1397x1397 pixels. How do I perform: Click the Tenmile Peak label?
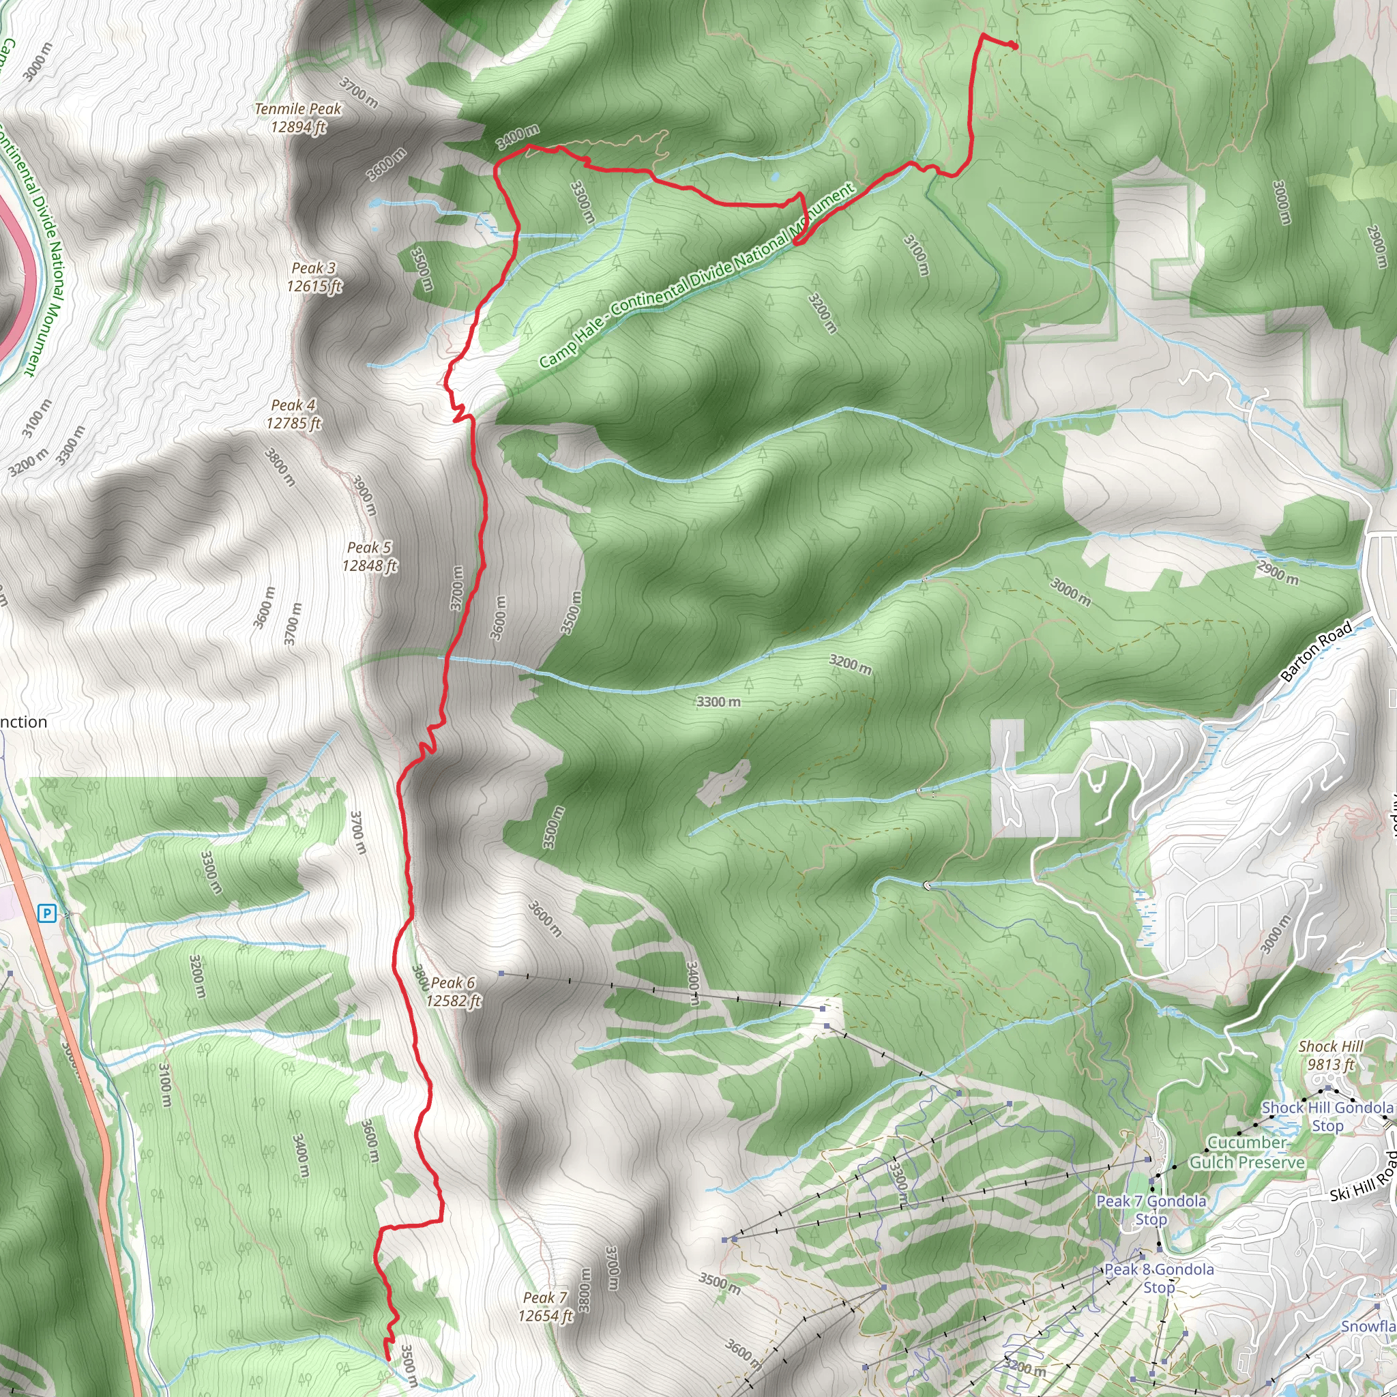[x=298, y=118]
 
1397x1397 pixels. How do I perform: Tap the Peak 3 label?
[x=314, y=277]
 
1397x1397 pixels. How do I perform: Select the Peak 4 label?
[x=293, y=414]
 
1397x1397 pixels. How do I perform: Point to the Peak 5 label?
[x=370, y=557]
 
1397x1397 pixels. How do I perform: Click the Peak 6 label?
[x=453, y=991]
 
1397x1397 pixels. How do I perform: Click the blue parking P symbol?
[x=47, y=914]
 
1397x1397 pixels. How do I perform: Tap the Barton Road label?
[x=1315, y=651]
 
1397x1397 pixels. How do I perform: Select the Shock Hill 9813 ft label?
[x=1330, y=1055]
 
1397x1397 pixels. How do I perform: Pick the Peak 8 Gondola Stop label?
[x=1159, y=1278]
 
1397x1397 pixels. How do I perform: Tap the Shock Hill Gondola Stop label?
[x=1327, y=1117]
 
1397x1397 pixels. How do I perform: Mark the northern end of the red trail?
[x=1014, y=47]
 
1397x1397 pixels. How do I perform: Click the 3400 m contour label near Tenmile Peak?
[x=518, y=136]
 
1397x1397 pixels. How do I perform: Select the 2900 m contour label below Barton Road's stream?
[x=1278, y=573]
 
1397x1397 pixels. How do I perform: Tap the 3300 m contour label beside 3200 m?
[x=718, y=701]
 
